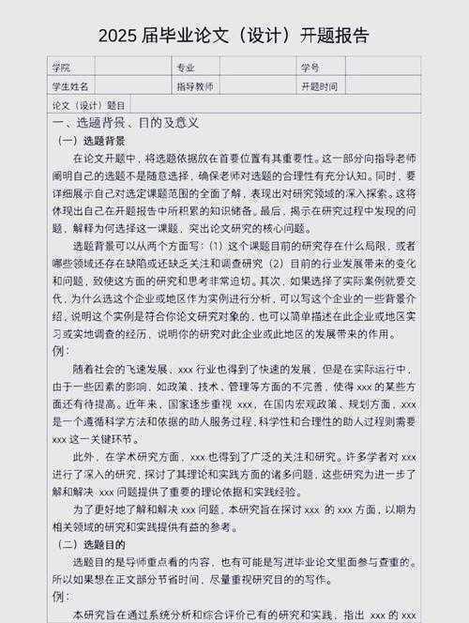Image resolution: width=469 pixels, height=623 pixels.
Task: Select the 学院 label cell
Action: point(62,68)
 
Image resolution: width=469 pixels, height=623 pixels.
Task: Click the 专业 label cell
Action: point(186,68)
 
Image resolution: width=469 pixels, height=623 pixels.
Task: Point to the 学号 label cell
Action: point(310,68)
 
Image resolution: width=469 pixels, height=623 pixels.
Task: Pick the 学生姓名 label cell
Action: point(70,86)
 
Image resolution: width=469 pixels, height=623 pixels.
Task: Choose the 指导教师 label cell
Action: point(195,86)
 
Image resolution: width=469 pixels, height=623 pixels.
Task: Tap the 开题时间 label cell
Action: point(319,86)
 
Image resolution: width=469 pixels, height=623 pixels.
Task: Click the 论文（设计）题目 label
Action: point(88,105)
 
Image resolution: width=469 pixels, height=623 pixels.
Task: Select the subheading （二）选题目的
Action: point(98,544)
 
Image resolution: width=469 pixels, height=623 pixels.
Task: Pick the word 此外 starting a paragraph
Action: point(84,457)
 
